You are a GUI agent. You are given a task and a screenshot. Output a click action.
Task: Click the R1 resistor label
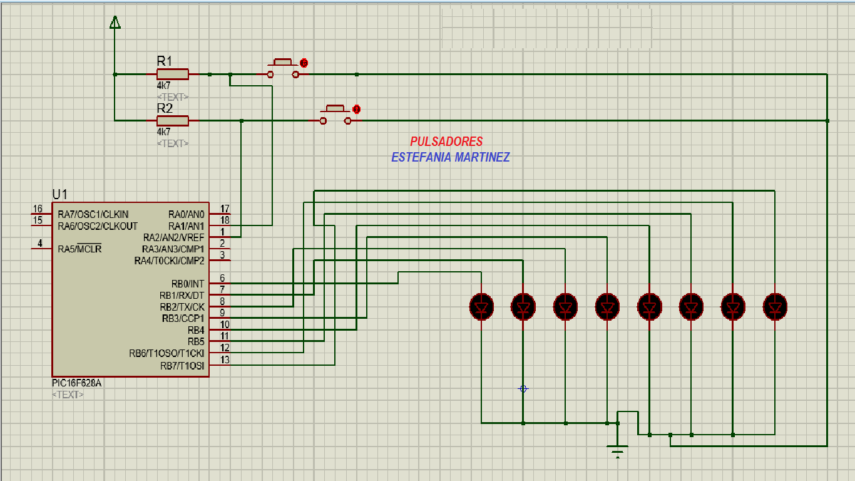tap(164, 61)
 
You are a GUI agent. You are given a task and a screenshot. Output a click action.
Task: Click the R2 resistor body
tap(173, 120)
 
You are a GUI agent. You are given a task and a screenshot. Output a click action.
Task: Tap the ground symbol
tap(618, 451)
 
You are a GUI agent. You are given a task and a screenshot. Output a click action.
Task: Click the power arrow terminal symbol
tap(115, 23)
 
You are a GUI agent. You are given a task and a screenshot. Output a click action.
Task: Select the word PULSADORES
tap(446, 142)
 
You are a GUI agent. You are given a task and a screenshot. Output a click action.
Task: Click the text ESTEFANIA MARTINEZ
tap(450, 157)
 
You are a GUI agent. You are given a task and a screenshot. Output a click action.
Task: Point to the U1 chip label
tap(59, 194)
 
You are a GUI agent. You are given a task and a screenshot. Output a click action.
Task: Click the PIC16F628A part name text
tap(76, 383)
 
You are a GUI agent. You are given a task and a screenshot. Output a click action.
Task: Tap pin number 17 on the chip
tap(225, 209)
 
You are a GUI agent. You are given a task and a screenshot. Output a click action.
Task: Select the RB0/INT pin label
tap(187, 284)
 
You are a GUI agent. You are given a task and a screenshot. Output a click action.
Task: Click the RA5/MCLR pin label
tap(79, 249)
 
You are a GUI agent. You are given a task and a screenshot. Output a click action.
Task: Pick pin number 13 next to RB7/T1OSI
tap(225, 359)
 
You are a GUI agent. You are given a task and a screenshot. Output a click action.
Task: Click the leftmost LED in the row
tap(481, 307)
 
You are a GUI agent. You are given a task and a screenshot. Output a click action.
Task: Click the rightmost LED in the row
tap(775, 307)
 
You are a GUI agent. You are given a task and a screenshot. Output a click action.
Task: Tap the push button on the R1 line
tap(283, 69)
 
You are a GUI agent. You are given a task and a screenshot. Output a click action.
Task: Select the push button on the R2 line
tap(336, 115)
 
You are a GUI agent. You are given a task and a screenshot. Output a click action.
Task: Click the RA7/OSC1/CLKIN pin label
tap(93, 215)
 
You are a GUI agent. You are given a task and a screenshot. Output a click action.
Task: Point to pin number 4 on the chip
tap(40, 243)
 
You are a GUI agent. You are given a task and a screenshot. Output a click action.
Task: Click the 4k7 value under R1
tap(163, 86)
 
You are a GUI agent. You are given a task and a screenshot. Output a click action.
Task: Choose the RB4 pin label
tap(195, 329)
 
